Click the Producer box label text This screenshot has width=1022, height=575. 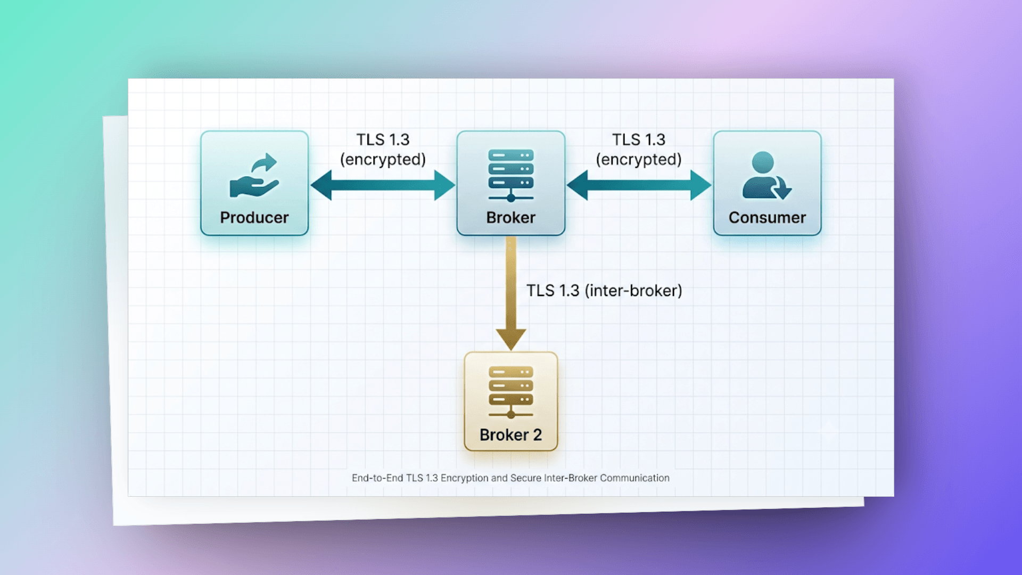254,217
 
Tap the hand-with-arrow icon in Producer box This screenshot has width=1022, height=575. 254,176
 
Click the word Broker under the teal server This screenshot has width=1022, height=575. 511,217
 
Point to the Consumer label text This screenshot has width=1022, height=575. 767,217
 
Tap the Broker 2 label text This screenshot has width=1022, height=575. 511,434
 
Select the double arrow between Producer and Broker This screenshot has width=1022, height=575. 383,185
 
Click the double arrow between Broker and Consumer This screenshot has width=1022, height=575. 639,185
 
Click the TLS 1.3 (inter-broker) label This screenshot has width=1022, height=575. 604,291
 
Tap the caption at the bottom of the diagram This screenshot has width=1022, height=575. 510,478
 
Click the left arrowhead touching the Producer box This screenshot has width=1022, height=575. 321,185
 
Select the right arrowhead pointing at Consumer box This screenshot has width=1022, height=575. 701,185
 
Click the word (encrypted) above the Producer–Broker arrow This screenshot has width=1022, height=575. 383,159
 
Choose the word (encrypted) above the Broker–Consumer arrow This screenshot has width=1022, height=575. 639,159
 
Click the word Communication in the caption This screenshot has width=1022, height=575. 634,478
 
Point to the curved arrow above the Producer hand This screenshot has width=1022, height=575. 265,162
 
